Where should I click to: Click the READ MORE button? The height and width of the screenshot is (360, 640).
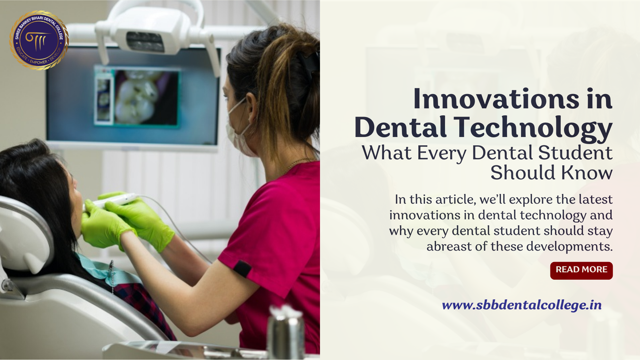pos(581,270)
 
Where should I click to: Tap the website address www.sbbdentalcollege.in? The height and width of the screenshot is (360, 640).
pos(522,305)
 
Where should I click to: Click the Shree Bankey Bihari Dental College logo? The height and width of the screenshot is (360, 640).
pos(39,40)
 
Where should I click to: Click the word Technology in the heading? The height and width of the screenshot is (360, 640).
pos(533,127)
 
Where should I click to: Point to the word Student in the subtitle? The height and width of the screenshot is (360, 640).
pos(575,153)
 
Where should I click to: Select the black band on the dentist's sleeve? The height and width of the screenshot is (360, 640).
pos(242,268)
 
